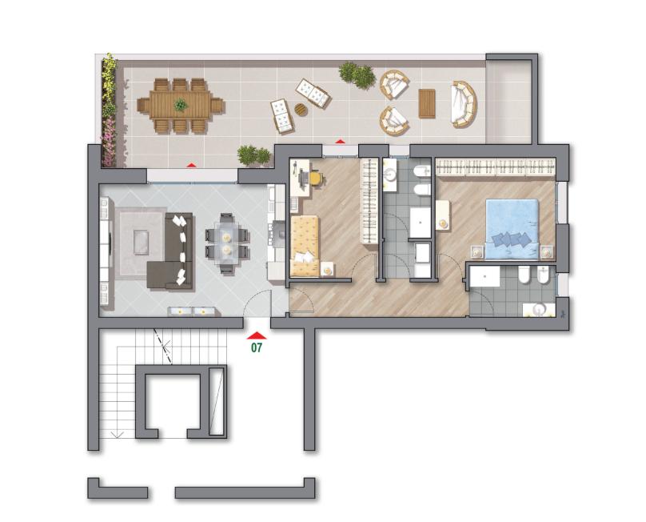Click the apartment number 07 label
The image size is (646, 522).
point(257,347)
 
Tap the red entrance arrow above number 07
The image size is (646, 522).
point(257,335)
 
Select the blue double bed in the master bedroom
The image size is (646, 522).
point(512,229)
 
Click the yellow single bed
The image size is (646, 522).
point(305,246)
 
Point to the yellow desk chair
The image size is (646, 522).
point(315,179)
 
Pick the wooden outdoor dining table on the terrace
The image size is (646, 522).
point(181,105)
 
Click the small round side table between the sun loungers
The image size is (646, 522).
point(301,110)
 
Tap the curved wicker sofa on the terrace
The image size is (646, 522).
point(464,103)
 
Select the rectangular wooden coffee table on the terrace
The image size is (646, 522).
point(427,103)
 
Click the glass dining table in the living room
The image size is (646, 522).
point(226,243)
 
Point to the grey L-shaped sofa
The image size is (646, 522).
point(171,251)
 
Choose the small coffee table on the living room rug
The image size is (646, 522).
point(142,243)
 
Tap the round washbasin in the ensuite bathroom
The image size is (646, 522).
point(537,309)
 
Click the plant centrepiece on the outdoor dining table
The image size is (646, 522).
point(181,105)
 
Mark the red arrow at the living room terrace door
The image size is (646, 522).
point(191,165)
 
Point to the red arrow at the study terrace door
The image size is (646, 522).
point(340,141)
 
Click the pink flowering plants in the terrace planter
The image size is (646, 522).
point(109,141)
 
